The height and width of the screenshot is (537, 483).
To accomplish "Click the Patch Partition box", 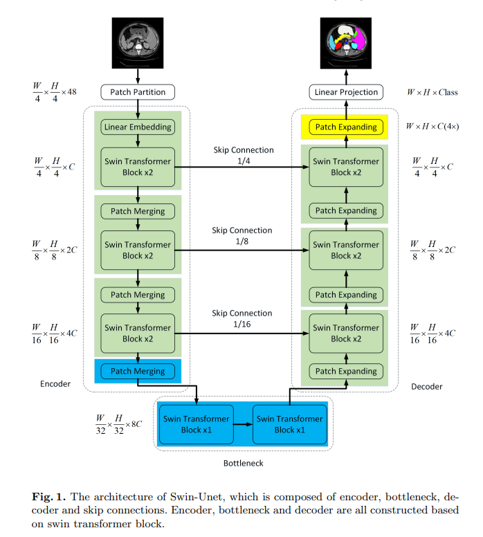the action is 138,92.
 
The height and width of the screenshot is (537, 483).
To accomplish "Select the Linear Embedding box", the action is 138,127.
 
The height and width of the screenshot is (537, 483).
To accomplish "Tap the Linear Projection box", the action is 346,92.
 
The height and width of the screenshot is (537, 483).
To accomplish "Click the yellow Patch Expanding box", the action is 346,127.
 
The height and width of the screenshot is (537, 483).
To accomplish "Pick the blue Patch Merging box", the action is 138,371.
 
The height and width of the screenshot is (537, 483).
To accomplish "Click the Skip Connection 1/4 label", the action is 244,156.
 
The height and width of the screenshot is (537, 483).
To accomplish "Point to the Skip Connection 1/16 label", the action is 241,318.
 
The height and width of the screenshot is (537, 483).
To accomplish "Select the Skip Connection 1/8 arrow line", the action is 241,251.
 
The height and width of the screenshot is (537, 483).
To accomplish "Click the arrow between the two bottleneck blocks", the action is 243,425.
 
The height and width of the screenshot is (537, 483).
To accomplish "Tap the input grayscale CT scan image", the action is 138,43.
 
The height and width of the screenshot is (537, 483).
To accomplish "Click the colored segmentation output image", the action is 346,43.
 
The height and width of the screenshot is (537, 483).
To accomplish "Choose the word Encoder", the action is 55,384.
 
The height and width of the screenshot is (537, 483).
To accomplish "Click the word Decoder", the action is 427,387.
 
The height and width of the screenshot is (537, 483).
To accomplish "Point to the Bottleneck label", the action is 243,464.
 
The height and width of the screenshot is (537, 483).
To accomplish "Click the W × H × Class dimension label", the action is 432,92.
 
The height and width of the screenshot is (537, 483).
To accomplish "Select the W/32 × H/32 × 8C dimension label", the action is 118,424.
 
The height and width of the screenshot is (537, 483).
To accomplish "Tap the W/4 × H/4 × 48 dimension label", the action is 55,92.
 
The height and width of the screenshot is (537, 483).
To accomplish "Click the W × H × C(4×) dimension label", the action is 432,127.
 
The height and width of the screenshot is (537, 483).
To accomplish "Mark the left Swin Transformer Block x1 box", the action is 197,425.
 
